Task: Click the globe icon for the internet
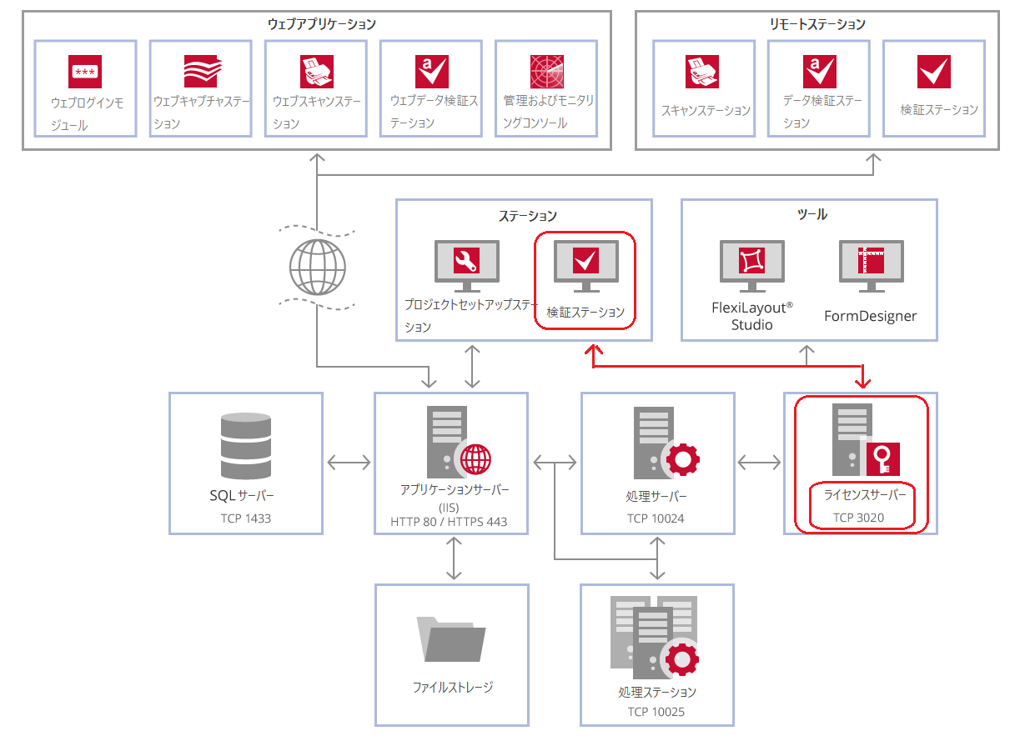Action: (318, 268)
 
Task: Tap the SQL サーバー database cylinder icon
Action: (246, 446)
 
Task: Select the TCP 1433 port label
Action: (246, 518)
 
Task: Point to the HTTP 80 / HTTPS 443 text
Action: (449, 522)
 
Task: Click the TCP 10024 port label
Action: (656, 518)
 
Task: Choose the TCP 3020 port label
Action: (859, 518)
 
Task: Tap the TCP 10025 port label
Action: (656, 712)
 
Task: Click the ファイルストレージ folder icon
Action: (451, 639)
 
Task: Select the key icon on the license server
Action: (883, 459)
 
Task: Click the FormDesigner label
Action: (871, 316)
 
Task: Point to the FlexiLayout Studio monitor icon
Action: (752, 266)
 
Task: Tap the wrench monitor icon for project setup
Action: (467, 266)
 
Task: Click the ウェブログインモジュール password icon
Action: (85, 72)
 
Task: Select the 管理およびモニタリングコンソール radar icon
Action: (547, 72)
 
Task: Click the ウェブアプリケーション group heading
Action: (322, 24)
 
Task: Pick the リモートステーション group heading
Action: (818, 24)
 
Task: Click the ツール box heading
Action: (812, 214)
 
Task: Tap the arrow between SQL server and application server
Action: (349, 463)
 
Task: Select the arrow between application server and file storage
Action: (454, 558)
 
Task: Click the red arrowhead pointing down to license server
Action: (863, 382)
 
